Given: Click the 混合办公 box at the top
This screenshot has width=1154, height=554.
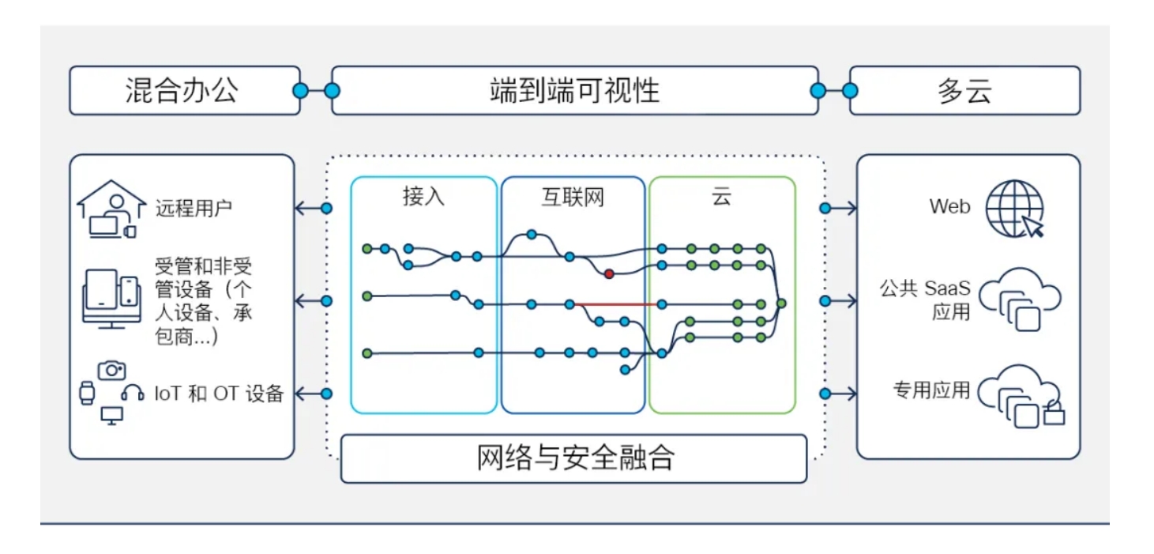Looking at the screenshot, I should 184,91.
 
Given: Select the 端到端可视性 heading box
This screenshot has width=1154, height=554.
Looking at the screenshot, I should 574,91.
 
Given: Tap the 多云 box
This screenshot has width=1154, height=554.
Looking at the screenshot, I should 964,91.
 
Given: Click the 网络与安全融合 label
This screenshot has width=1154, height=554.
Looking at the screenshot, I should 574,458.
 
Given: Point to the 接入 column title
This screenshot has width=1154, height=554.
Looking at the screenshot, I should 423,197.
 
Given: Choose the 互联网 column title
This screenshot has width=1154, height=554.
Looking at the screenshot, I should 573,197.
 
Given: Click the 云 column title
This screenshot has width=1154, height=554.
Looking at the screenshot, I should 721,197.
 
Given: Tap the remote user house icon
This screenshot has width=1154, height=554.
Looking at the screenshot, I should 111,209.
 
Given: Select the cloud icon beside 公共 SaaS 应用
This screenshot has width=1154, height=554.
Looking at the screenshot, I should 1020,300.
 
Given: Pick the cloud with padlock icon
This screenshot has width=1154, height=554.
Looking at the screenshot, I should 1021,394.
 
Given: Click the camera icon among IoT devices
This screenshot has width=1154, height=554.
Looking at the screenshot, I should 111,370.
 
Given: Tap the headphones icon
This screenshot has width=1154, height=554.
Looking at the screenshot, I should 132,392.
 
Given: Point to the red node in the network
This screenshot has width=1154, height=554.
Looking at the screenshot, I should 609,274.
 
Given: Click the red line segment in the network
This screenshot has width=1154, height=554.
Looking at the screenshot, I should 616,303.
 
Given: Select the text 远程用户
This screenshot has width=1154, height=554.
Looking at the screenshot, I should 194,209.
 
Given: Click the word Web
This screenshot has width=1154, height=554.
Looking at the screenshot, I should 949,207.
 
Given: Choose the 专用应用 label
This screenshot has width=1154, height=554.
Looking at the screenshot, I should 931,390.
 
